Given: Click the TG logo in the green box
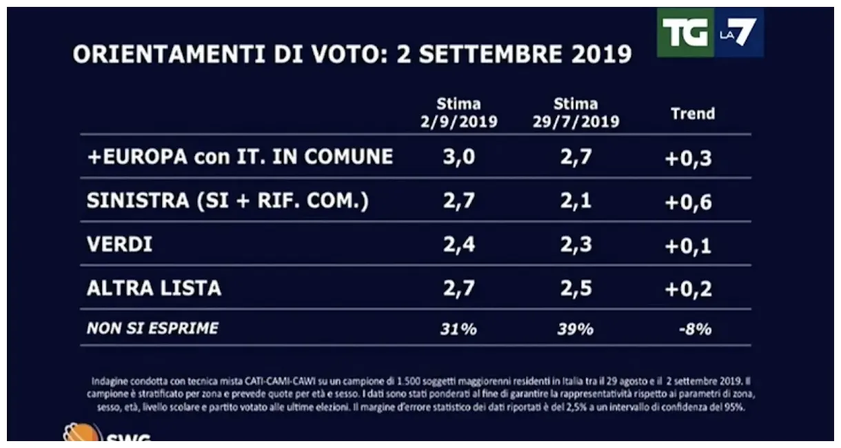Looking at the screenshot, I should click(x=685, y=32).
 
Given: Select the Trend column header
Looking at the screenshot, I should click(x=693, y=114).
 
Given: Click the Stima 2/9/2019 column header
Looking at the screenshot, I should click(x=458, y=114).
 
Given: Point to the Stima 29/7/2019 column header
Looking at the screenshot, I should click(x=576, y=114).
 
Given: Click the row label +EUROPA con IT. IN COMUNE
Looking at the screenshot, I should click(x=240, y=156).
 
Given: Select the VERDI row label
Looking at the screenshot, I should click(x=119, y=245).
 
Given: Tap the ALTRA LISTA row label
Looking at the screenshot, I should click(x=154, y=288).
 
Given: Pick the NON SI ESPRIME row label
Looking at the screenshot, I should click(x=152, y=329).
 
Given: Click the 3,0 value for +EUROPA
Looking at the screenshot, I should click(x=458, y=158).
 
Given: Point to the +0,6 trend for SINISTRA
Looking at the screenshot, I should click(x=688, y=202).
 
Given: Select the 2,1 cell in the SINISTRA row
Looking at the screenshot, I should click(x=575, y=202).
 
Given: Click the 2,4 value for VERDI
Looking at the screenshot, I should click(x=458, y=245).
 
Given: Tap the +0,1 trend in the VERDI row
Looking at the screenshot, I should click(x=688, y=245).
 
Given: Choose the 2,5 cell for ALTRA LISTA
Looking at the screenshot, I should click(x=575, y=289).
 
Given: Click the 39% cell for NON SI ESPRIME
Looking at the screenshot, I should click(x=575, y=329).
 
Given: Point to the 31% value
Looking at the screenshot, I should click(x=458, y=329).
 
